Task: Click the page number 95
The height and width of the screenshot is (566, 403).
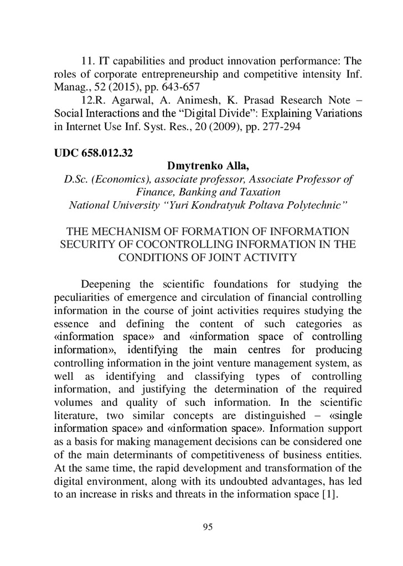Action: click(208, 527)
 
